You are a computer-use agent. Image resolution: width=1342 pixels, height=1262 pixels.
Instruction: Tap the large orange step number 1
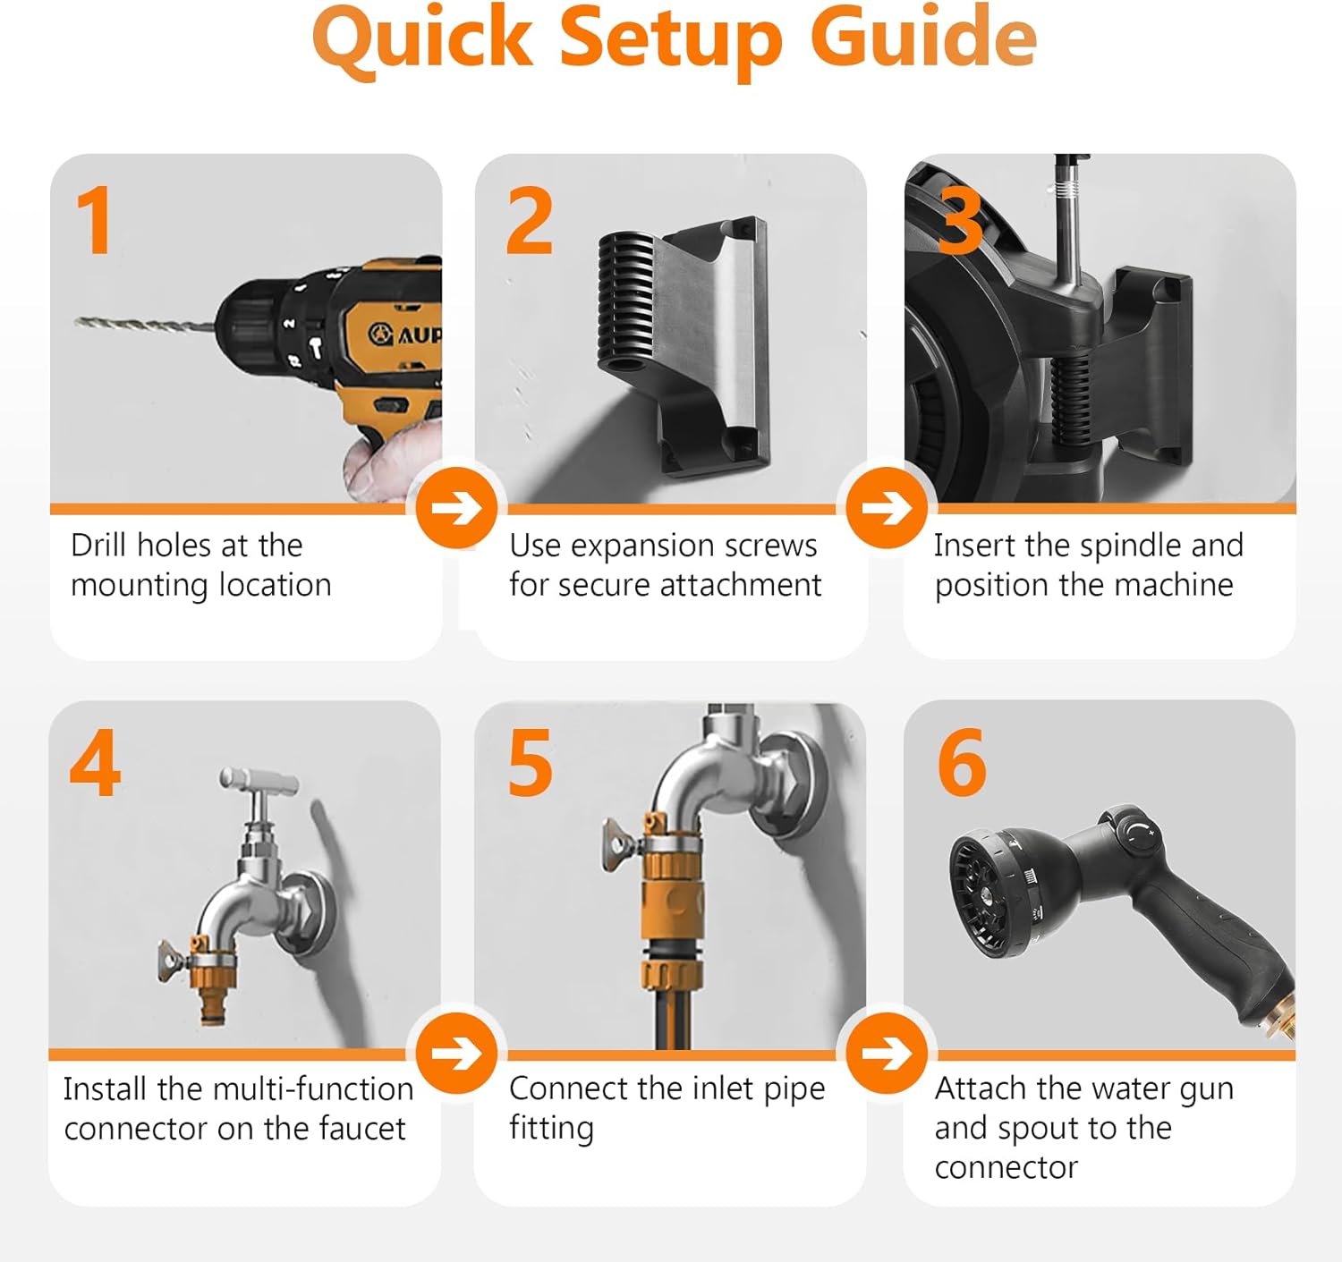pyautogui.click(x=95, y=220)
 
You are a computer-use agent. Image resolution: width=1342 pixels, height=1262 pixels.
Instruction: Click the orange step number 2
pyautogui.click(x=529, y=220)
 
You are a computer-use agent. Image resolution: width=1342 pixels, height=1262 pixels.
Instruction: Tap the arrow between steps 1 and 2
pyautogui.click(x=457, y=508)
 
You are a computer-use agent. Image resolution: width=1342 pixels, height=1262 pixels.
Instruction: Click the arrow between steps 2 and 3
pyautogui.click(x=887, y=508)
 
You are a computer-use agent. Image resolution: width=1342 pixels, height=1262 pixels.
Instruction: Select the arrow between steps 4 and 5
pyautogui.click(x=457, y=1053)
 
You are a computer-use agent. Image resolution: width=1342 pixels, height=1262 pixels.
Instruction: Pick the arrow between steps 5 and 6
pyautogui.click(x=887, y=1053)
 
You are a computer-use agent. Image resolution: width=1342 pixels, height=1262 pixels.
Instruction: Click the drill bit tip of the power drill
pyautogui.click(x=77, y=321)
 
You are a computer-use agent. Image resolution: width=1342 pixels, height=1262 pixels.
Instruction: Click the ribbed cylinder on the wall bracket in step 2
pyautogui.click(x=625, y=304)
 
